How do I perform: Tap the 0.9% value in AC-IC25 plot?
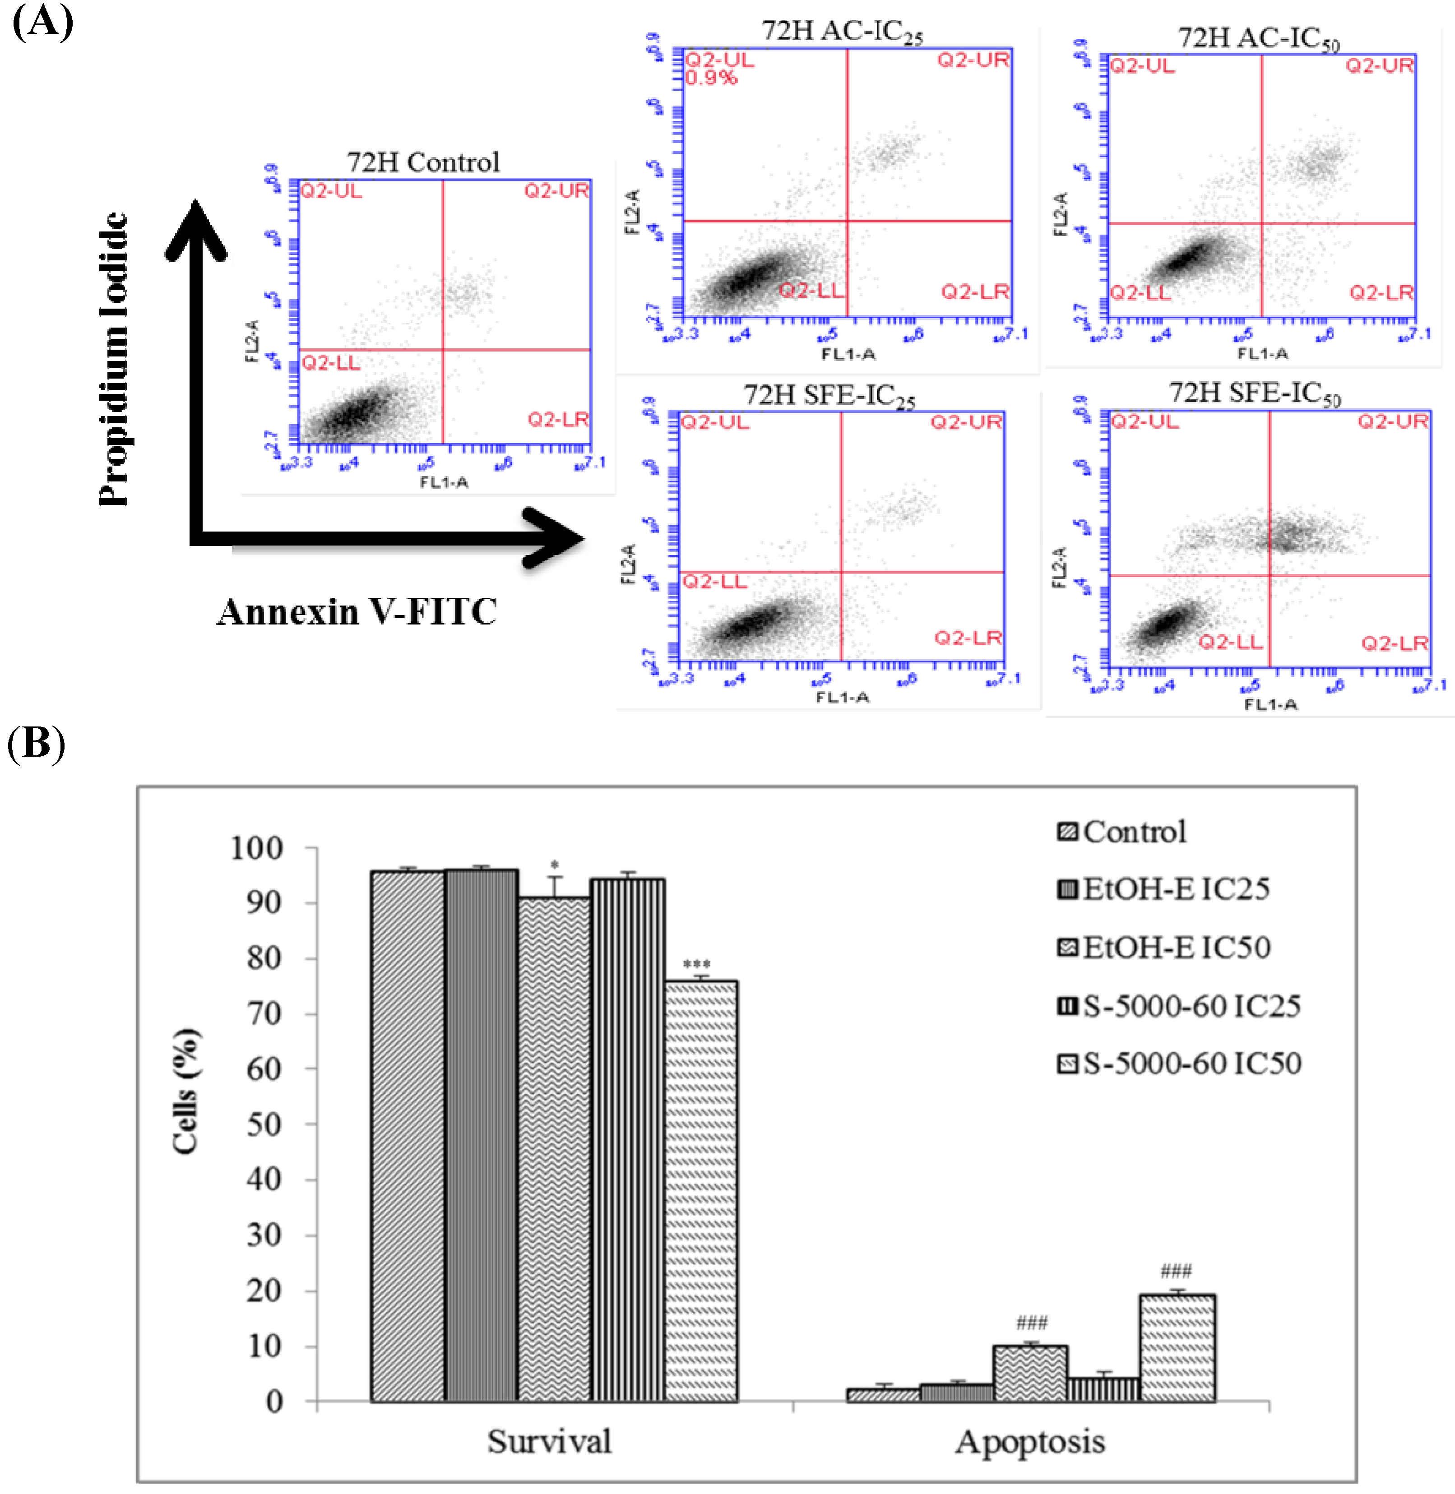coord(711,78)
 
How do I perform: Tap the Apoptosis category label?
coord(1029,1441)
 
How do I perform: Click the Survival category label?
coord(549,1441)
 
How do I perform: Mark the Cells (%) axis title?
coord(185,1091)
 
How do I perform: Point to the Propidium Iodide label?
coord(113,359)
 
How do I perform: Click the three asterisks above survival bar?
coord(696,964)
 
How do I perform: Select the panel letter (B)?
coord(36,743)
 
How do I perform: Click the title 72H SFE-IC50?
coord(1254,393)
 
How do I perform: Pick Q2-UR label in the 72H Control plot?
coord(556,191)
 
